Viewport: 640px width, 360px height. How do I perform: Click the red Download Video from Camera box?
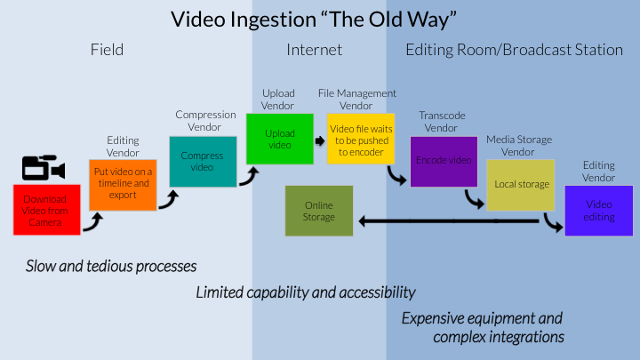tap(47, 210)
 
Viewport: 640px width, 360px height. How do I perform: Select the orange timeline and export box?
tap(123, 185)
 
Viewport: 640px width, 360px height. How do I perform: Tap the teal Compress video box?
tap(203, 162)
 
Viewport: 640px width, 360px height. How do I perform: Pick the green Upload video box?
tap(280, 139)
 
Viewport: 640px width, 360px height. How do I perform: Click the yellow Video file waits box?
tap(361, 139)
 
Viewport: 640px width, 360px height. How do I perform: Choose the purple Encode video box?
tap(444, 162)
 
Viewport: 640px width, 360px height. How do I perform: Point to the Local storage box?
tap(521, 185)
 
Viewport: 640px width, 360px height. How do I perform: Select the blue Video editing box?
tap(599, 211)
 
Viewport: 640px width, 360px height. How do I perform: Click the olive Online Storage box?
tap(319, 211)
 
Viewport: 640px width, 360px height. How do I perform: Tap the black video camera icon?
tap(44, 167)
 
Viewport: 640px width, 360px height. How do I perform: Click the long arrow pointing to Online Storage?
tap(449, 221)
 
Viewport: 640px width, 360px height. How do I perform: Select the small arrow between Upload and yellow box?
tap(320, 140)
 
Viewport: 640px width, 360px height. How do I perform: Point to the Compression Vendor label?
tap(205, 121)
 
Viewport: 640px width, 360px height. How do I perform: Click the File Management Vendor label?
tap(357, 100)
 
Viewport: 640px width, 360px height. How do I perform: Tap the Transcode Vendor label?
tap(442, 122)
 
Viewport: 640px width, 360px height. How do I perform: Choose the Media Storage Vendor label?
tap(519, 146)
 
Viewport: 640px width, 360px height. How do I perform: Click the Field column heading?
tap(107, 50)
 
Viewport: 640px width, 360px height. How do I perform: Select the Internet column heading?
tap(315, 50)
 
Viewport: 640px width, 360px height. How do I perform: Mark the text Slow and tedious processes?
tap(111, 266)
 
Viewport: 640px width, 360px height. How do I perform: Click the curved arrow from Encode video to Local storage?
tap(473, 200)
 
